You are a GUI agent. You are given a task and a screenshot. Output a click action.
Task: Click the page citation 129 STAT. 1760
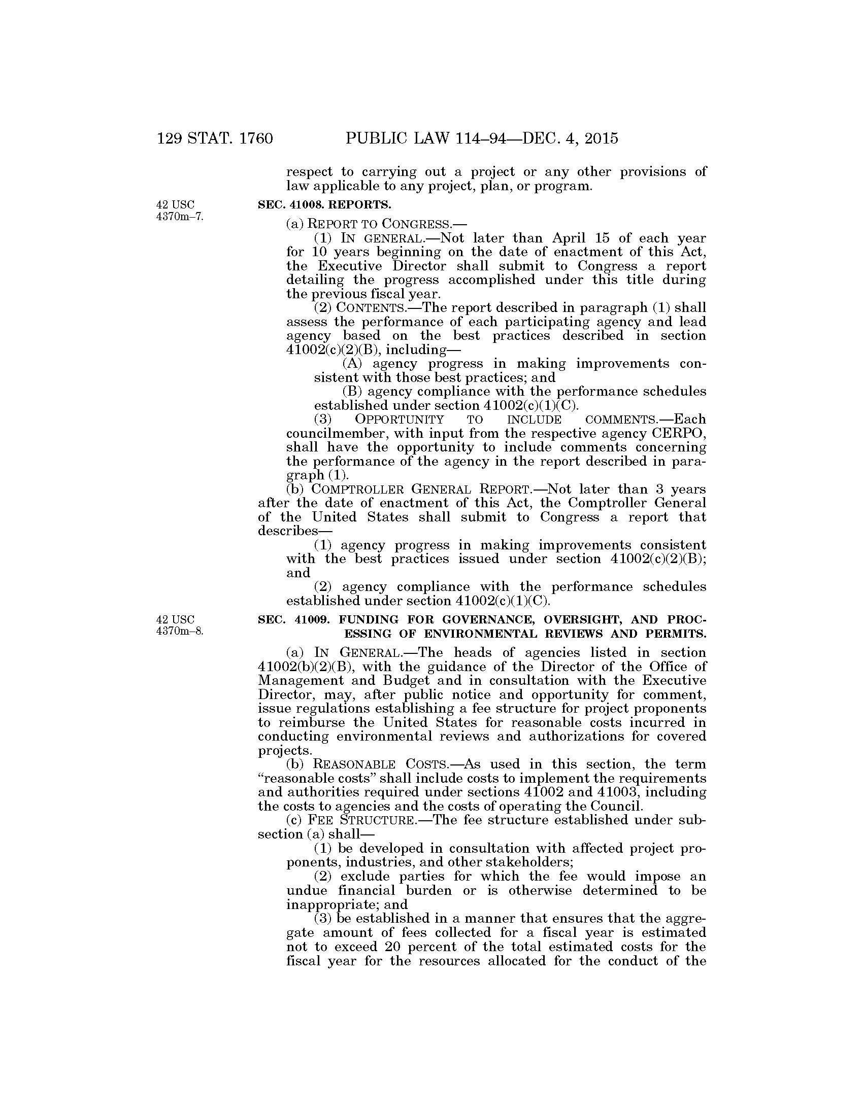pos(215,138)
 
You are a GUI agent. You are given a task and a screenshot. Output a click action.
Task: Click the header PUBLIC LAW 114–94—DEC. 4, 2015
pos(482,138)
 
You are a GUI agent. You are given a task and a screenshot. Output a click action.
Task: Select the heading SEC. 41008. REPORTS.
pos(324,205)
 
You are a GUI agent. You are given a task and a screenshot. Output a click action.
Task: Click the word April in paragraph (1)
pos(569,238)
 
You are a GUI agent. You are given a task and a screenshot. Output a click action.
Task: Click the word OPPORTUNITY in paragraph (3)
pos(400,420)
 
